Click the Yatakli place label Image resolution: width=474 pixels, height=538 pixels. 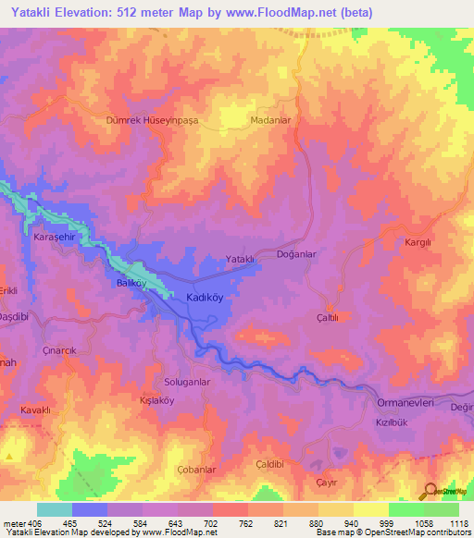[240, 259]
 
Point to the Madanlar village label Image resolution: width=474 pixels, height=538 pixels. [271, 120]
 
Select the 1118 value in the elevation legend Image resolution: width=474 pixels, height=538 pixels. [457, 522]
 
